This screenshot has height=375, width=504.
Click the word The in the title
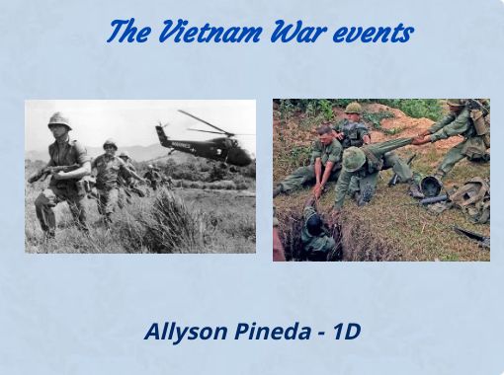point(127,33)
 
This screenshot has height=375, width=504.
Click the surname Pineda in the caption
point(271,332)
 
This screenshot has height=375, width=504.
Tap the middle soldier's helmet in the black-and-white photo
point(110,145)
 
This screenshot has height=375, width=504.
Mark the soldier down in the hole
point(314,225)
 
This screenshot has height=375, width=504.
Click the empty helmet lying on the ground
point(432,186)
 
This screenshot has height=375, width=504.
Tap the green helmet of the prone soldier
point(354,158)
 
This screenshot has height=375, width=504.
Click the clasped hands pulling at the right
point(423,139)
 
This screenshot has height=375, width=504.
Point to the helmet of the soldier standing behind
point(353,109)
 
